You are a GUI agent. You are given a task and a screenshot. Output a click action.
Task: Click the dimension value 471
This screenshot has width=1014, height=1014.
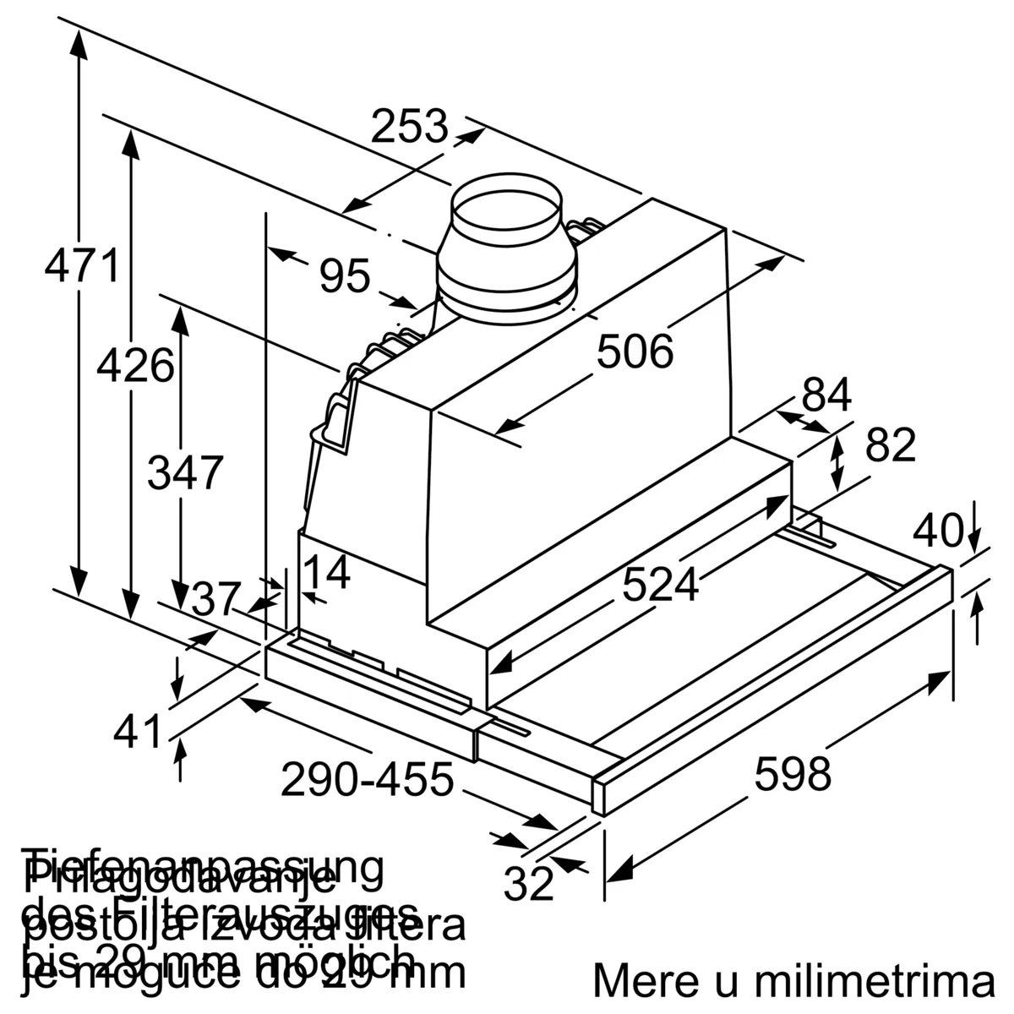point(82,265)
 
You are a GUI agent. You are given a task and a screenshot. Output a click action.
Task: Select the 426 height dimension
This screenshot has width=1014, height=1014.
point(135,366)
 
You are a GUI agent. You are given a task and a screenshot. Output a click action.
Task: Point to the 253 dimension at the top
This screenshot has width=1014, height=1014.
point(410,127)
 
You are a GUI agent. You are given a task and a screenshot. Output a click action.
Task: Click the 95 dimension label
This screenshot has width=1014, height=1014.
point(345,275)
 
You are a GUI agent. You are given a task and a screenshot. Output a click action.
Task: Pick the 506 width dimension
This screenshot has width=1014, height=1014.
point(635,351)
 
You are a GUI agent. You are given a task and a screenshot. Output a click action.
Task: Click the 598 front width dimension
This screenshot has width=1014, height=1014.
point(793,773)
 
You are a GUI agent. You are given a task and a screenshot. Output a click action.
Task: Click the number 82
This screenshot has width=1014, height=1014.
point(891,444)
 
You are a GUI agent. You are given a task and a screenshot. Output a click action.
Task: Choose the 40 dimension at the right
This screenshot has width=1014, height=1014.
point(939,531)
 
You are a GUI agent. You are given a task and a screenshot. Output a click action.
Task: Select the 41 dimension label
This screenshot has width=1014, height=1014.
point(137,731)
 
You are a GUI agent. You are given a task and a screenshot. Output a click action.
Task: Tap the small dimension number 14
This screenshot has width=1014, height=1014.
point(326,573)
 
